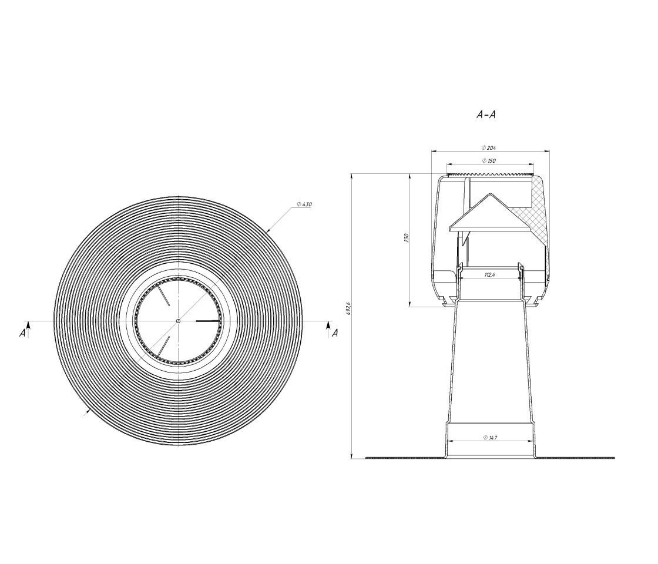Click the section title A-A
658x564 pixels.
coord(486,114)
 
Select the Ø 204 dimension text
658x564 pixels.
coord(489,147)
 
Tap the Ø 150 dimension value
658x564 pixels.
coord(489,161)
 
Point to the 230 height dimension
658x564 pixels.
coord(406,238)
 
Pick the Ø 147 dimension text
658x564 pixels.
coord(490,438)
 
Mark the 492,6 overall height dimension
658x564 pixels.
coord(348,308)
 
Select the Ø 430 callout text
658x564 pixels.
coord(304,204)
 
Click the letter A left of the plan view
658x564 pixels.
coord(22,333)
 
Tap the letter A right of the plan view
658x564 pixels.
coord(335,333)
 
